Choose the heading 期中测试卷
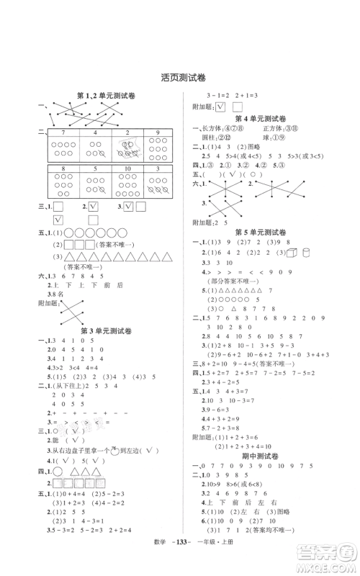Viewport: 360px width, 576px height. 264,456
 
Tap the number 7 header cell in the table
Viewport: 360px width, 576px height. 63,133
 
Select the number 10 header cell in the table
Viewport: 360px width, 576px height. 126,170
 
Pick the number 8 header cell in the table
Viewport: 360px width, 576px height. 63,170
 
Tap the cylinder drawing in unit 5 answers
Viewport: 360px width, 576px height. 307,252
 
